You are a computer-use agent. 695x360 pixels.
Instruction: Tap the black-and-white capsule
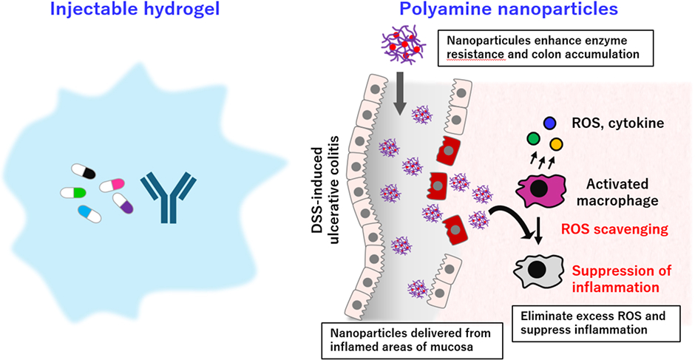pyautogui.click(x=84, y=172)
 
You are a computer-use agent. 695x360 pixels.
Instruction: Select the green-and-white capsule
pyautogui.click(x=73, y=192)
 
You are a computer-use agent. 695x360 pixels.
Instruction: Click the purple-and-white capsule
pyautogui.click(x=123, y=203)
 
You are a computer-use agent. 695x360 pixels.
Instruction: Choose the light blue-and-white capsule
pyautogui.click(x=89, y=214)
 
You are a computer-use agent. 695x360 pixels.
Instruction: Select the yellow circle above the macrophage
pyautogui.click(x=556, y=144)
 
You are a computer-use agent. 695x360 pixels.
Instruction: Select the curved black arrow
pyautogui.click(x=511, y=220)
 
